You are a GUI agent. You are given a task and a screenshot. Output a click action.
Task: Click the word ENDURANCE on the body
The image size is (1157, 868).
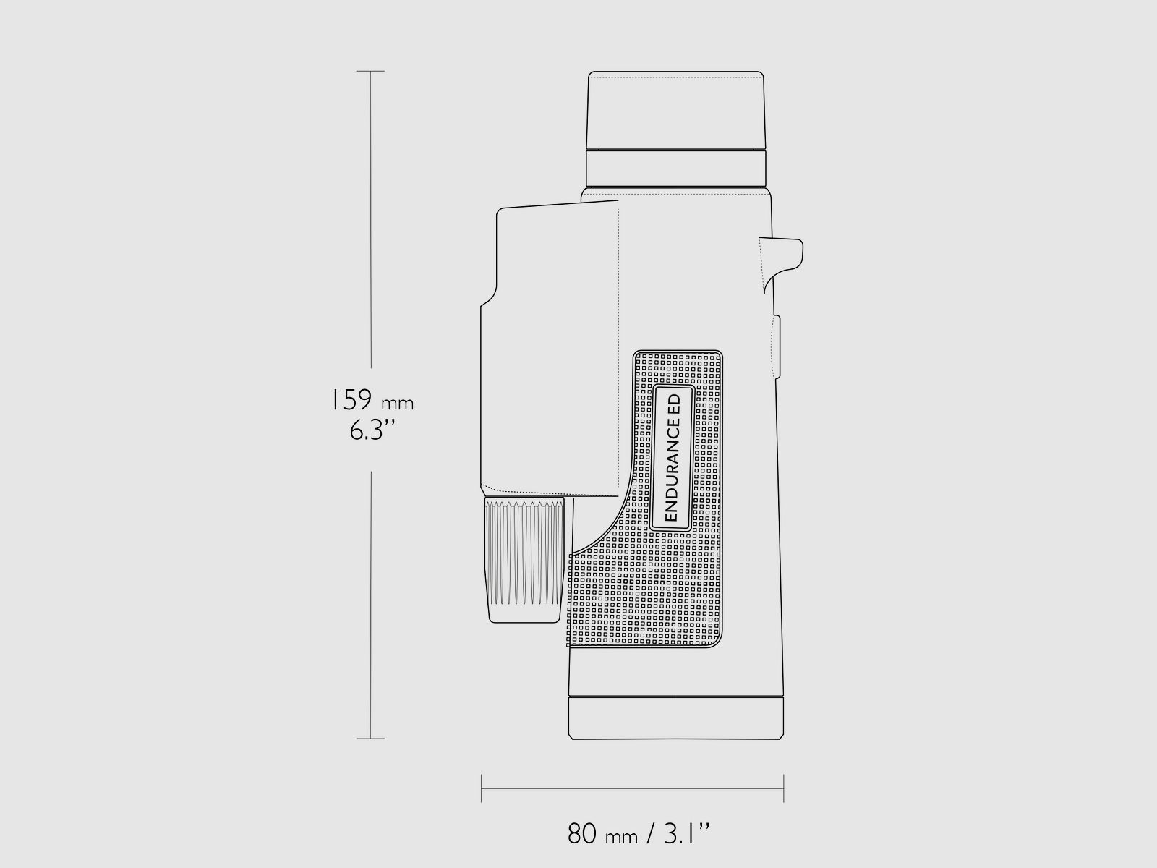[671, 470]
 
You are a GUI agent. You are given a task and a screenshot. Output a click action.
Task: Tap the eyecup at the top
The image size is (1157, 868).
[675, 110]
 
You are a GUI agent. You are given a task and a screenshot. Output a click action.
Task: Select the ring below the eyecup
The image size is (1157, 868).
[675, 168]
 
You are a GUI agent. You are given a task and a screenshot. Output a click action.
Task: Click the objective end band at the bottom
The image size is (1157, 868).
[676, 717]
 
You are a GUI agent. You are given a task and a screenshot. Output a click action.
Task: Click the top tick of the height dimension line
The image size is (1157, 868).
[371, 72]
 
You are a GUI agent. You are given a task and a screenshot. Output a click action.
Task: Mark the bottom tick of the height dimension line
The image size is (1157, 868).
[371, 739]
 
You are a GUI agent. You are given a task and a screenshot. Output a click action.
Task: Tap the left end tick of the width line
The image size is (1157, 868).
[482, 788]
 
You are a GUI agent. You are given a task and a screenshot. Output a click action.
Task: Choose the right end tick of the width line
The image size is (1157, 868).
[784, 788]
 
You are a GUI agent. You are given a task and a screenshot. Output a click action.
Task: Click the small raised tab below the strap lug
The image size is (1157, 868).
[777, 347]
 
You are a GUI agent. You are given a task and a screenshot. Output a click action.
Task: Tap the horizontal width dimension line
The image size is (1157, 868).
[633, 788]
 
